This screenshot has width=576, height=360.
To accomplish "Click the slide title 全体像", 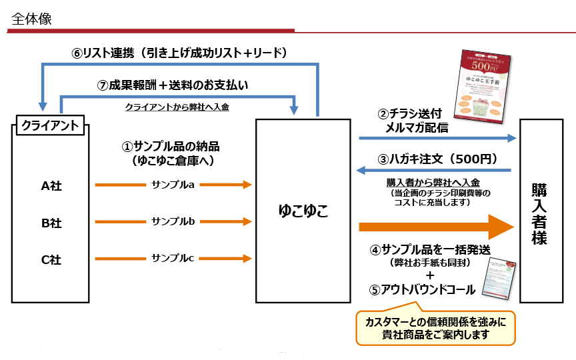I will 31,19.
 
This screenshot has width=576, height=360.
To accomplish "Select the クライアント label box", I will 51,125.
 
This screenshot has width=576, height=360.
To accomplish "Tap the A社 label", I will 51,187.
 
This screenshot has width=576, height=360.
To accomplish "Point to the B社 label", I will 51,223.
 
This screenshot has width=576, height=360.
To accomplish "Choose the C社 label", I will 51,260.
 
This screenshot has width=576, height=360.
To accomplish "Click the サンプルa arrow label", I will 173,185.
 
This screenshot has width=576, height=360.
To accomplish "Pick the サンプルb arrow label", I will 173,221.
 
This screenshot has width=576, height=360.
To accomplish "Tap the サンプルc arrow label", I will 173,258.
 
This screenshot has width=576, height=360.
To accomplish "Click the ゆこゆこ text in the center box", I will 303,211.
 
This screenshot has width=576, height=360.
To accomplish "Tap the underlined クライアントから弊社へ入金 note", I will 177,107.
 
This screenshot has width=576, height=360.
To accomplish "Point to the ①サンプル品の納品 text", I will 175,147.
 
